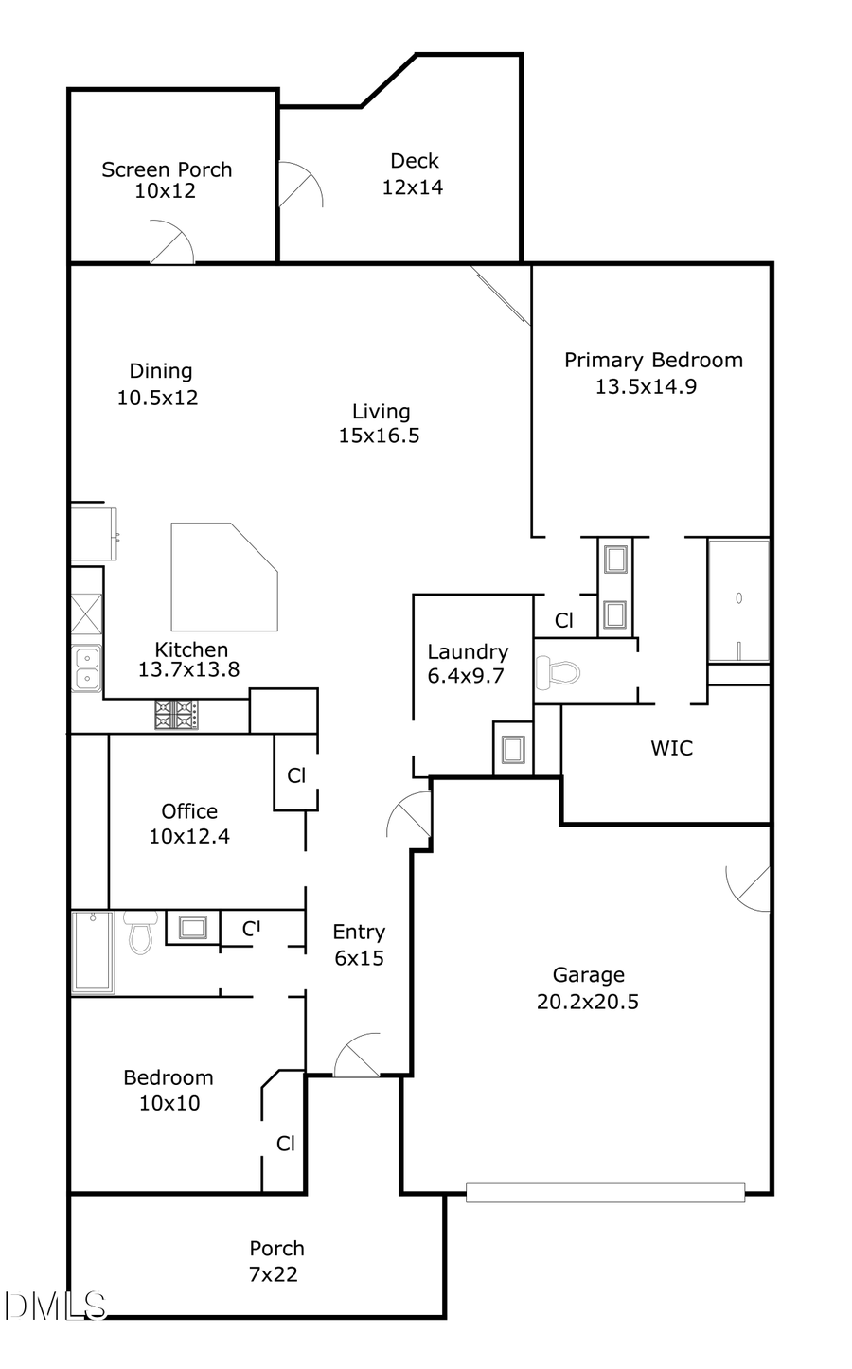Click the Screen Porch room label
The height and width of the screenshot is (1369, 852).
[x=167, y=170]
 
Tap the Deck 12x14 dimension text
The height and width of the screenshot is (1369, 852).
[x=412, y=187]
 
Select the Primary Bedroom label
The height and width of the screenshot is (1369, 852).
[x=653, y=361]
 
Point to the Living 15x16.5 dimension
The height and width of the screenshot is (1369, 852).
[x=379, y=436]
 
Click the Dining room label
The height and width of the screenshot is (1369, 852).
[x=161, y=371]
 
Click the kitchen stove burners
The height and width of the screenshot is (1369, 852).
[x=177, y=713]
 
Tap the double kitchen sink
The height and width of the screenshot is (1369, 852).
[x=86, y=667]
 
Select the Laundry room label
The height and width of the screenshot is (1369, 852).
[x=468, y=651]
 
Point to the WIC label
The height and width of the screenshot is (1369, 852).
[x=671, y=748]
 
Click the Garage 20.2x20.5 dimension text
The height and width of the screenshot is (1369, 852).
[x=587, y=1002]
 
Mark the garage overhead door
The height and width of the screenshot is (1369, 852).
[x=605, y=1193]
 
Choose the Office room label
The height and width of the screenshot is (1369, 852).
[x=189, y=811]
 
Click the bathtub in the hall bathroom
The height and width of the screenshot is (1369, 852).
[x=93, y=951]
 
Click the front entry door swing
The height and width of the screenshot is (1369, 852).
[x=356, y=1057]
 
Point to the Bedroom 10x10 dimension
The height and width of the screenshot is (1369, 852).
[x=169, y=1103]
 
